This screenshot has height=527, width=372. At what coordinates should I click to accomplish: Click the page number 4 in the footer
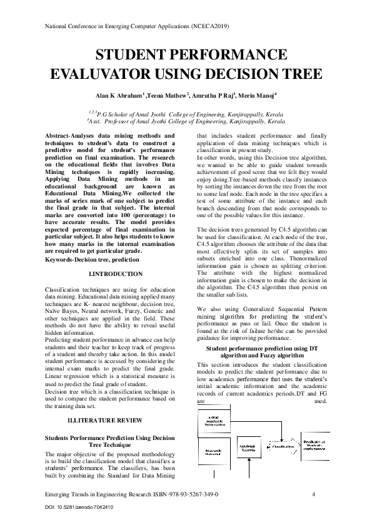click(x=313, y=494)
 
